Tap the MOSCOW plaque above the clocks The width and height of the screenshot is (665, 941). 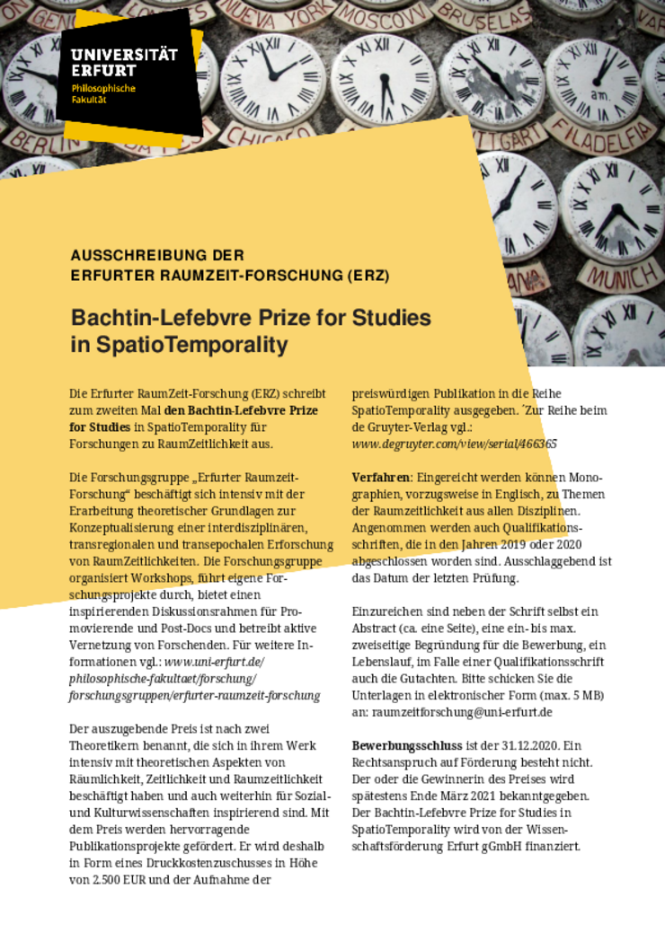click(371, 16)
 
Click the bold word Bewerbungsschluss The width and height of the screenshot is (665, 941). click(405, 745)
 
